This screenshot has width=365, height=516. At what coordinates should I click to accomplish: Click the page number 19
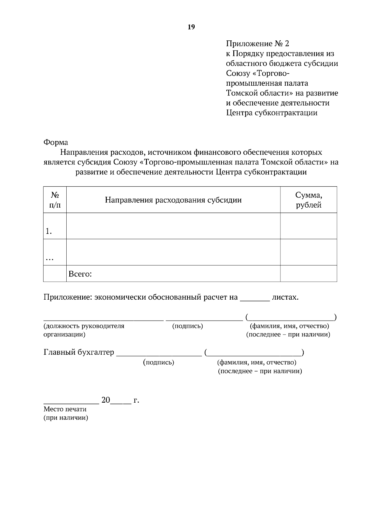coord(191,27)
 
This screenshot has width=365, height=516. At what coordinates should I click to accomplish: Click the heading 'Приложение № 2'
coord(257,44)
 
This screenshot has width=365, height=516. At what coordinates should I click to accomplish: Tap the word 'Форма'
coord(56,142)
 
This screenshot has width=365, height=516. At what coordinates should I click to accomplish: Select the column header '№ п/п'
coord(55,200)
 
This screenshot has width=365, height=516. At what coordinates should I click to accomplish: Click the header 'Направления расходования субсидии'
coord(173,200)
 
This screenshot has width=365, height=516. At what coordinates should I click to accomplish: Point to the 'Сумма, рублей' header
coord(308,200)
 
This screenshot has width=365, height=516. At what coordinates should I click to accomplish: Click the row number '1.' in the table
coord(49,232)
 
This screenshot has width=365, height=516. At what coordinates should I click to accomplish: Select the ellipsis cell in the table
coord(50,259)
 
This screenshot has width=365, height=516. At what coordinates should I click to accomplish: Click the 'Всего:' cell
coord(80,274)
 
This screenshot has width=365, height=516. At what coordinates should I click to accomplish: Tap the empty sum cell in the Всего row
coord(308,273)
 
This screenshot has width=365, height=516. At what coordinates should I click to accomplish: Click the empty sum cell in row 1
coord(308,226)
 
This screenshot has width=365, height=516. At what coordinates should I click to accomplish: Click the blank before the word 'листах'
coord(255,299)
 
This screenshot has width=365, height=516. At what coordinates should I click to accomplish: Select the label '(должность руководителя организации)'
coord(84,330)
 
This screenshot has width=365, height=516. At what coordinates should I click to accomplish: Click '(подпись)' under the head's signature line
coord(187,326)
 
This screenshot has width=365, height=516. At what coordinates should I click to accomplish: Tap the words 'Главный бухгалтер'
coord(79,352)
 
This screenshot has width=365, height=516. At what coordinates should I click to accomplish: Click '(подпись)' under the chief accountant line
coord(158,362)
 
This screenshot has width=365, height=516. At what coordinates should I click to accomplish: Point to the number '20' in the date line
coord(106,400)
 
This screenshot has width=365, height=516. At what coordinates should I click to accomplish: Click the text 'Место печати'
coord(65,409)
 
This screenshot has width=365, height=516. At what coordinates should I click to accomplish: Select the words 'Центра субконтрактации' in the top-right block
coord(272,113)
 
